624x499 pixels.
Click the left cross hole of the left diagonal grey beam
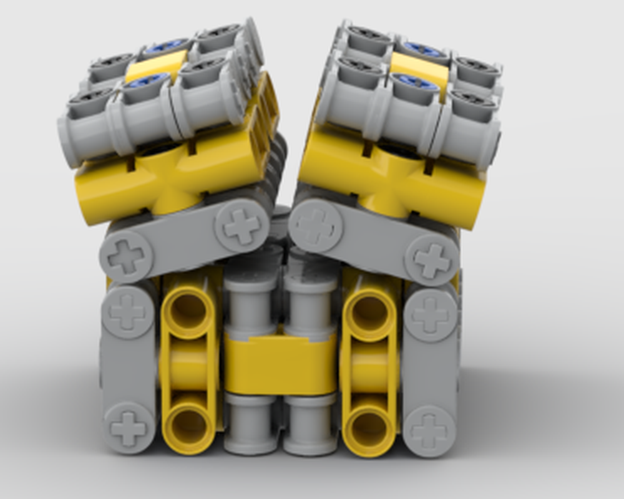tap(127, 256)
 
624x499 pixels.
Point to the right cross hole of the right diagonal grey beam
tap(431, 260)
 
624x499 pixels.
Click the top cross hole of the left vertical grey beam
tap(127, 312)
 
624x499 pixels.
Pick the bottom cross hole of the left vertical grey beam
tap(129, 428)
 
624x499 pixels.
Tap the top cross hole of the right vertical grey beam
tap(431, 314)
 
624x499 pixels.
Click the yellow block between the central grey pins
tap(280, 365)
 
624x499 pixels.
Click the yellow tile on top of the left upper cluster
tap(157, 66)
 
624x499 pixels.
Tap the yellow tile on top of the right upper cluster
tap(419, 70)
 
